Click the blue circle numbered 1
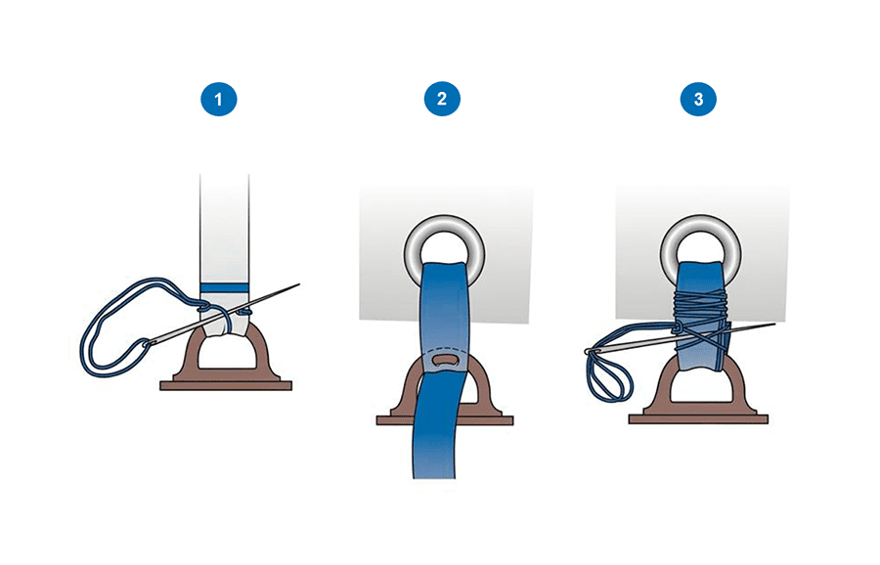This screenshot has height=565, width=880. (x=219, y=100)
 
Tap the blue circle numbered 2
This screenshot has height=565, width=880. (x=442, y=99)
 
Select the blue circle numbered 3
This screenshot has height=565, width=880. (x=698, y=100)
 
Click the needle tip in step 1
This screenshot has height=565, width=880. (x=299, y=284)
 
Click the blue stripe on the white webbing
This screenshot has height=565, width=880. (x=225, y=287)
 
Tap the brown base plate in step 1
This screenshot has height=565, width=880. (x=226, y=385)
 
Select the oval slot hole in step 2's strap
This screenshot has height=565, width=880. (x=446, y=360)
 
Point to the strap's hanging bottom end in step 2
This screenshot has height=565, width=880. (x=434, y=476)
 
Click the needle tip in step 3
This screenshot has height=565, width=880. (x=774, y=324)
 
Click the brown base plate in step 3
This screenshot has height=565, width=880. (x=698, y=419)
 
